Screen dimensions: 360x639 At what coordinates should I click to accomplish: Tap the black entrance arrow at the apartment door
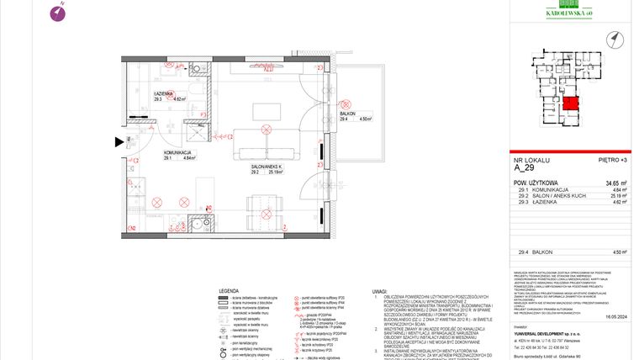pos(119,142)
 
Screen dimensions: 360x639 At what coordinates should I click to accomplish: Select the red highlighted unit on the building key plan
pos(570,105)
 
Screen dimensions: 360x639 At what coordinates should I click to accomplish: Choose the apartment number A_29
pos(522,167)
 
